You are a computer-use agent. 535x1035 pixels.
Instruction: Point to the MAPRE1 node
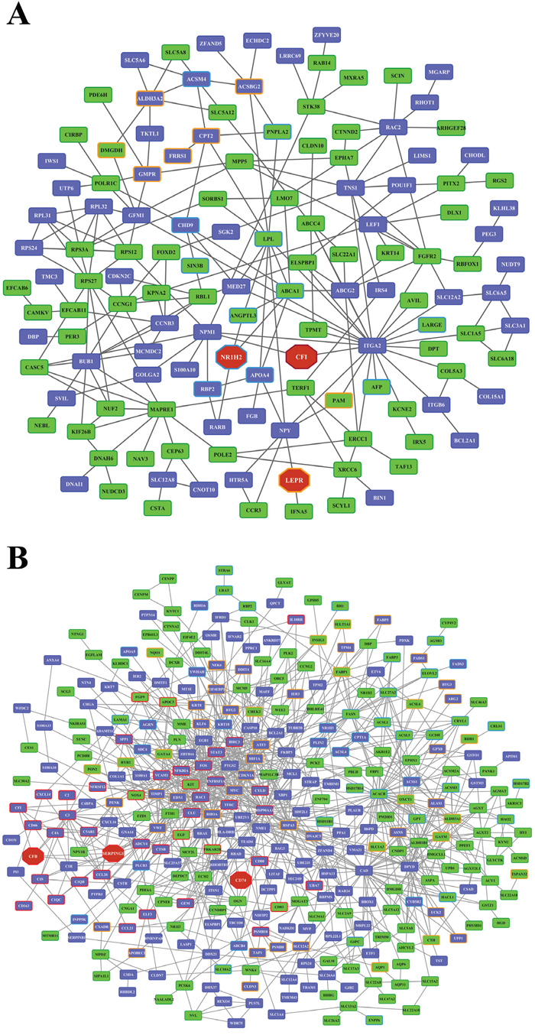[x=161, y=410]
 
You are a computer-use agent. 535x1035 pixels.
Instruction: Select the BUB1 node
[x=90, y=360]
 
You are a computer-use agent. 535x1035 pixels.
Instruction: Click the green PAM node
[x=338, y=401]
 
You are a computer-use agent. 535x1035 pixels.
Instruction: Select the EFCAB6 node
[x=21, y=288]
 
